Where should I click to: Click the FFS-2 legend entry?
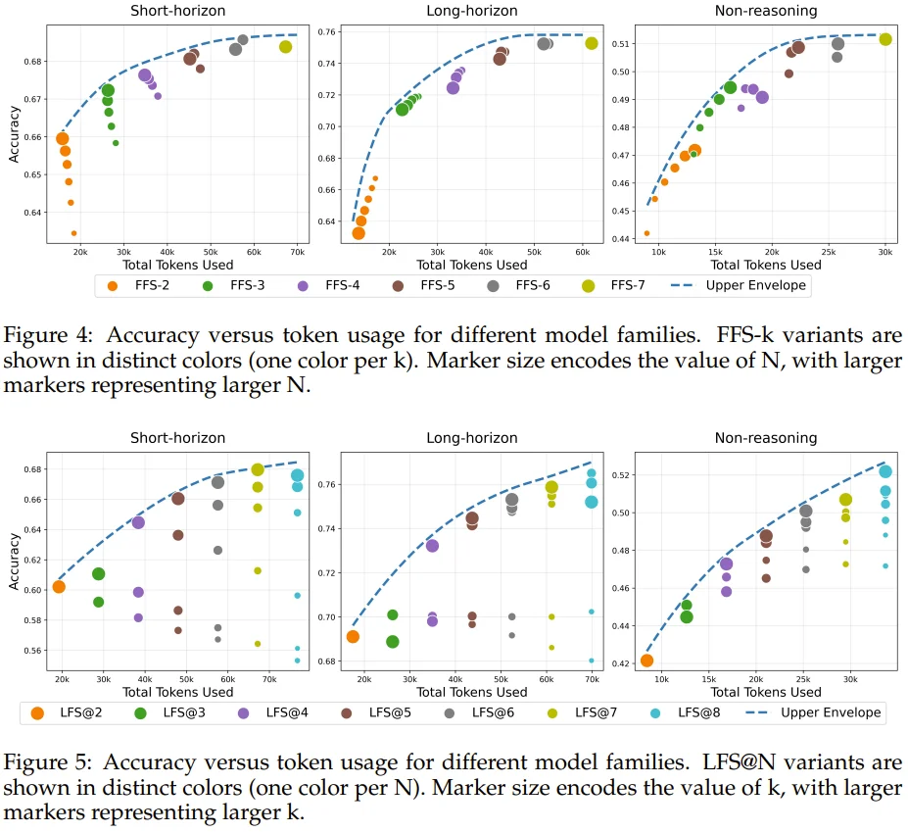140,286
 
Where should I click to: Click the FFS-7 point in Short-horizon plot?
285,47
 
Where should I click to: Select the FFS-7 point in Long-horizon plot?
592,43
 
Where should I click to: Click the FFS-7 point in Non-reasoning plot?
885,39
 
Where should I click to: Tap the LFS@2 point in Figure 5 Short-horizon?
59,587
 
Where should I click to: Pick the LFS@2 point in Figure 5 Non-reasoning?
646,661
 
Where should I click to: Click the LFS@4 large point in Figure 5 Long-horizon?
432,546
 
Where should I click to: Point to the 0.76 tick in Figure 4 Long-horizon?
327,32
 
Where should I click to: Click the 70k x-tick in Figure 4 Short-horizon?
297,252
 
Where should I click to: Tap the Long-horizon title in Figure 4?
471,11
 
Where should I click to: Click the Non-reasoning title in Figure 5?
765,438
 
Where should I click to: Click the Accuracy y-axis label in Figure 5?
13,561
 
